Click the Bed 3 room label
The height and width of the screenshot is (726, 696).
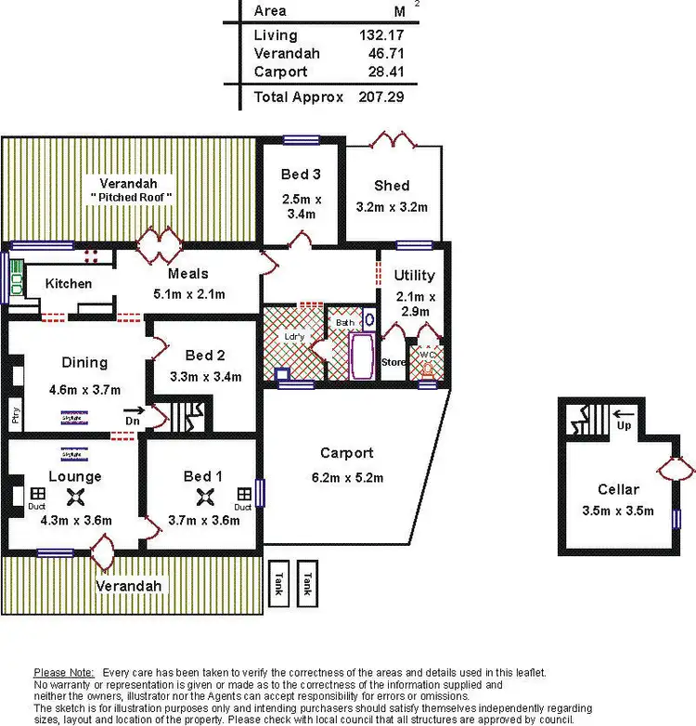coord(301,175)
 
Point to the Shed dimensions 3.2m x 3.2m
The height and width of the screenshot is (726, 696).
coord(392,207)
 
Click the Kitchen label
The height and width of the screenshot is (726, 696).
coord(69,283)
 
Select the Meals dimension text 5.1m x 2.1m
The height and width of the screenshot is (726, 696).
coord(187,294)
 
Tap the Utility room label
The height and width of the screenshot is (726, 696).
coord(414,276)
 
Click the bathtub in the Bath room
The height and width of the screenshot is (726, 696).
coord(362,357)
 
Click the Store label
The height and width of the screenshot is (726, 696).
coord(393,362)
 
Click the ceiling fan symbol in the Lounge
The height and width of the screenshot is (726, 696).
coord(79,497)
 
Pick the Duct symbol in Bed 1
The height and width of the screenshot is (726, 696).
coord(243,495)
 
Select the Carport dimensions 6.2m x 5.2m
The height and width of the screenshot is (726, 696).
coord(346,478)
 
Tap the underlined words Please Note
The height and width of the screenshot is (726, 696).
coord(63,672)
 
